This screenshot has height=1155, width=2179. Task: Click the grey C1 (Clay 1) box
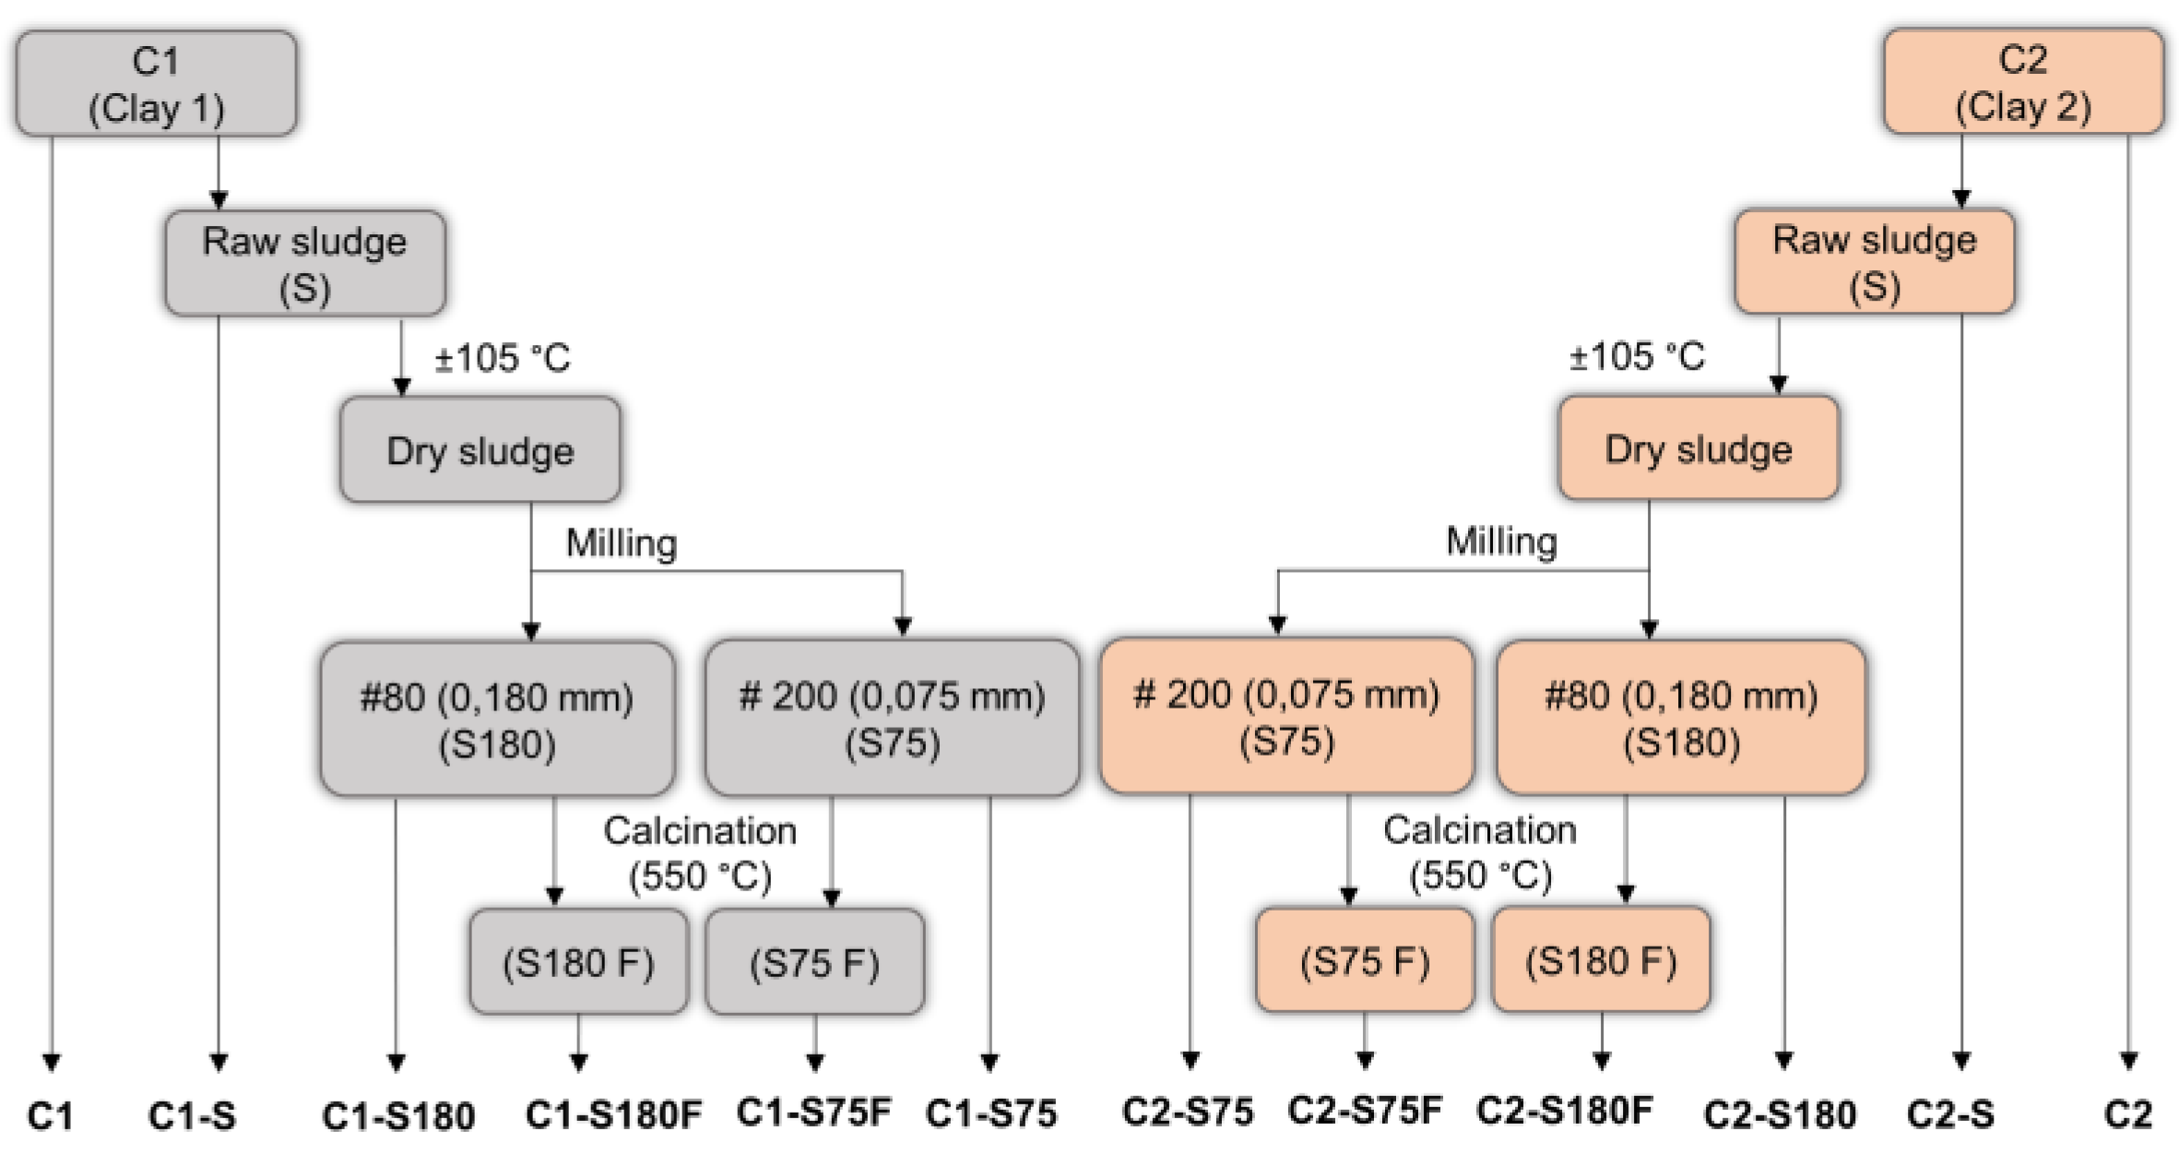coord(156,84)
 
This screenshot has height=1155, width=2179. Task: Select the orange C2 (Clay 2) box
coord(2023,82)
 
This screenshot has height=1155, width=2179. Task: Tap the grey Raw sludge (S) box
coord(304,264)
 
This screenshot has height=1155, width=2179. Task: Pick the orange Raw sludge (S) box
coord(1874,262)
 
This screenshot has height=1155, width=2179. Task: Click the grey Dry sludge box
coord(480,450)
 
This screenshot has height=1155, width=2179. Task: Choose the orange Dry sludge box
coord(1698,448)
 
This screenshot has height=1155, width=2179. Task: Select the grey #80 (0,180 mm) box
coord(497,719)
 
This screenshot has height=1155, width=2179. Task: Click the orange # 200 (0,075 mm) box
coord(1286,716)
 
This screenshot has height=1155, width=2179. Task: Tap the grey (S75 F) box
coord(814,962)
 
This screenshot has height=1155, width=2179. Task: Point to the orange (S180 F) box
coord(1601,960)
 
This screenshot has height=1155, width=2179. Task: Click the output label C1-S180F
coord(613,1114)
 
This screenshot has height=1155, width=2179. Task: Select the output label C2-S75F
coord(1365,1111)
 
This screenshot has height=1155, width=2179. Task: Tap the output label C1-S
coord(192,1116)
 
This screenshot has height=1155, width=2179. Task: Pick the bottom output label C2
coord(2127,1114)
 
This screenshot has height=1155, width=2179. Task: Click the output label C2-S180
coord(1780,1114)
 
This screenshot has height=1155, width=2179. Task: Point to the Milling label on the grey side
coord(622,543)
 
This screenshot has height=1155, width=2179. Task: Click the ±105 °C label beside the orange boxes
coord(1637,356)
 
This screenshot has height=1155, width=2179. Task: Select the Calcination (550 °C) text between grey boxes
coord(700,853)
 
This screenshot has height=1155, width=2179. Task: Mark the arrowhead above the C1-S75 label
coord(989,1063)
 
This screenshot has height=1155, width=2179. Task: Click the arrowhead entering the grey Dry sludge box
coord(401,387)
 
